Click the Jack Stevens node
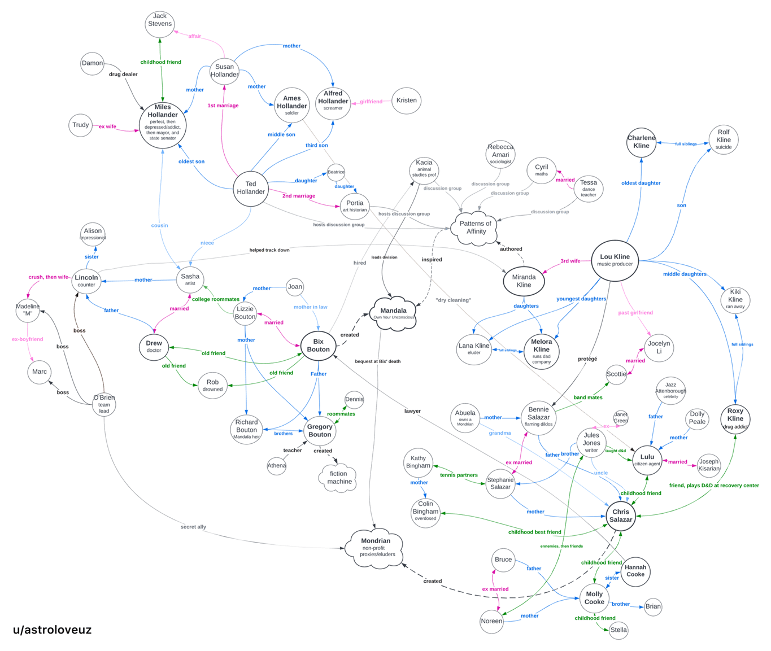point(160,24)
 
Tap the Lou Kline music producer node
point(615,260)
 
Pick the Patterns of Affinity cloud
point(476,228)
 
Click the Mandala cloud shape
point(394,313)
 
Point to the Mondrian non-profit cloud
point(376,548)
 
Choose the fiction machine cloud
point(339,478)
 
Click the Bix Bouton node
point(318,346)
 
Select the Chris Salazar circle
point(620,515)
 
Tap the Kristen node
point(407,101)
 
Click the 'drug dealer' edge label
point(123,75)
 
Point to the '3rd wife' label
point(570,261)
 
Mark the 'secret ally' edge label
point(193,527)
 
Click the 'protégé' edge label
point(587,359)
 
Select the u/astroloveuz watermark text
point(53,630)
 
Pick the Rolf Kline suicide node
point(724,139)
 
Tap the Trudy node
point(81,125)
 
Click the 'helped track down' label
point(269,250)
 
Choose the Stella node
point(618,630)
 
